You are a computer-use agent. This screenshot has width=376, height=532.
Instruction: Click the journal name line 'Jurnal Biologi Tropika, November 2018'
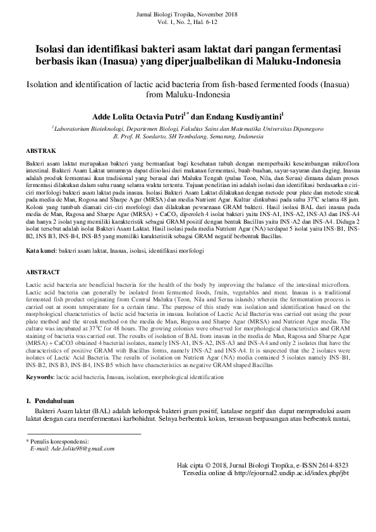pyautogui.click(x=187, y=14)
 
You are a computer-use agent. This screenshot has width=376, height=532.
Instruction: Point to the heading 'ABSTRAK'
pyautogui.click(x=40, y=152)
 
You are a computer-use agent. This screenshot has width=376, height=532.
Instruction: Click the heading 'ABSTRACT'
pyautogui.click(x=42, y=271)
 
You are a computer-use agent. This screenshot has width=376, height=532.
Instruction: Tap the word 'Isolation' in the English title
pyautogui.click(x=42, y=83)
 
